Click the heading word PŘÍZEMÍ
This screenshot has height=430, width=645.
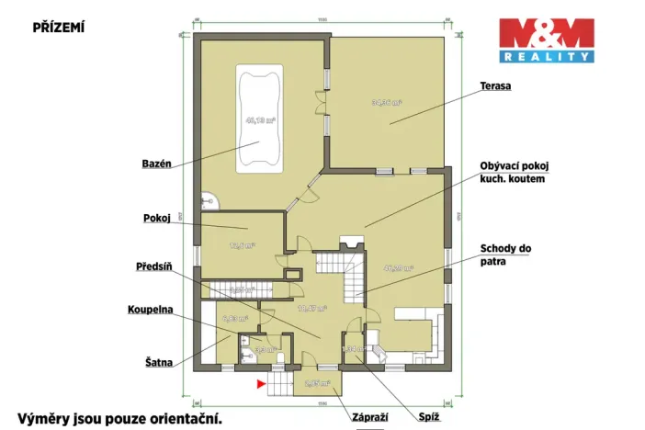click(59, 28)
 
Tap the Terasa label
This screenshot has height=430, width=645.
click(494, 86)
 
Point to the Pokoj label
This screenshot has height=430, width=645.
click(157, 219)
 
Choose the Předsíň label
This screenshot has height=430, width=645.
click(153, 266)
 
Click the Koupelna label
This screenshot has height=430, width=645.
click(151, 311)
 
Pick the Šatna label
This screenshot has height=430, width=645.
click(156, 362)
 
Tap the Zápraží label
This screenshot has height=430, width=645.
click(369, 418)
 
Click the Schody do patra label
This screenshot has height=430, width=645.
click(505, 255)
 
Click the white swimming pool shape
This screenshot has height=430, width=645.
click(259, 117)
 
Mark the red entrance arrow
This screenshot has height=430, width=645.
click(262, 382)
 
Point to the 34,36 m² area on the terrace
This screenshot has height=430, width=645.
click(386, 103)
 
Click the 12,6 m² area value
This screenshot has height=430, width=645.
click(242, 245)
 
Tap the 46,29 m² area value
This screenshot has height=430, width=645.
click(398, 268)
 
